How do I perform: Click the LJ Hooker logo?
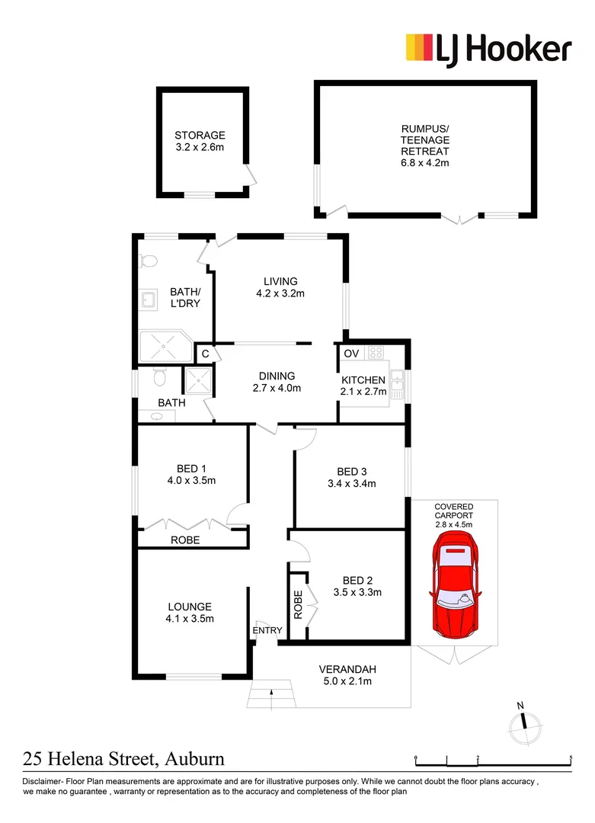tap(488, 50)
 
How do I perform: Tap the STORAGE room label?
tap(200, 136)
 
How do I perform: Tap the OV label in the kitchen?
tap(351, 354)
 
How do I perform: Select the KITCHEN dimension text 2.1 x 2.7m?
tap(364, 392)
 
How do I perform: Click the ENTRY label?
tap(267, 630)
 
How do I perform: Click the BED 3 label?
tap(351, 469)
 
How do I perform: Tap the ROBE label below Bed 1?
tap(185, 540)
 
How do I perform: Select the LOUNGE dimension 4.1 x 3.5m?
tap(190, 619)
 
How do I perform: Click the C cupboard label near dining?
tap(205, 354)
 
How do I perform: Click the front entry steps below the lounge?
tap(270, 694)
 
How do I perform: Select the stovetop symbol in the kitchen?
tap(375, 353)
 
